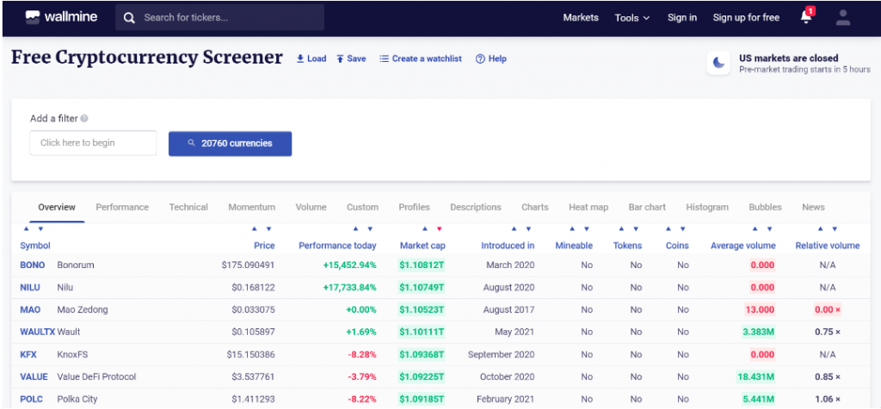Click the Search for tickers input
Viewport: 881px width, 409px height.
pos(224,17)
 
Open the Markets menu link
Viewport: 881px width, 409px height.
pos(581,17)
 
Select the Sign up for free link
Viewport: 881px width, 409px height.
pos(746,17)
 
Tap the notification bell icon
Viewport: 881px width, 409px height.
pos(806,16)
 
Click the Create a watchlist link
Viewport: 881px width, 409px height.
pos(421,58)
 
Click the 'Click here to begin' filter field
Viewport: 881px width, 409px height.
pos(93,143)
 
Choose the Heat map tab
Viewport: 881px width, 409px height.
pos(588,207)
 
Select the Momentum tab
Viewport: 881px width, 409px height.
pos(252,207)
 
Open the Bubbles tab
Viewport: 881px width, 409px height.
pos(765,207)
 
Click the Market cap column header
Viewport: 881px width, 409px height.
pos(422,246)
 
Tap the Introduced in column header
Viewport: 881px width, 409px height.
pos(508,246)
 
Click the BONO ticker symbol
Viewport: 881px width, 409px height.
pos(33,266)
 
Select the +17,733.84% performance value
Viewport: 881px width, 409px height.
pos(349,288)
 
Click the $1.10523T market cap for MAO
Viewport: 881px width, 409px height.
pos(422,310)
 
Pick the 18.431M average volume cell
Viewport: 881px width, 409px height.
pos(756,377)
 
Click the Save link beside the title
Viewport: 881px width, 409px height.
pos(351,58)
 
